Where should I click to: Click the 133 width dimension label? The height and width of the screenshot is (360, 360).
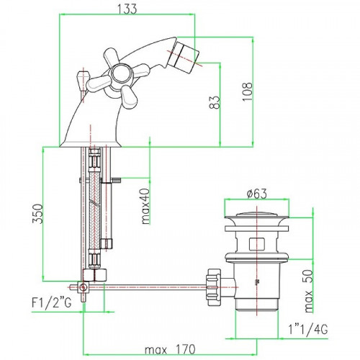point(127,9)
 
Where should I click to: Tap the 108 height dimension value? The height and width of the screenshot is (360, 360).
point(248,91)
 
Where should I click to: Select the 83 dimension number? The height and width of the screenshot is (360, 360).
point(215,102)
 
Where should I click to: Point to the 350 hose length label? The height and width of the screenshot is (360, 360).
point(38,214)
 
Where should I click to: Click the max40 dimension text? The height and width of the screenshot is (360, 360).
point(145,207)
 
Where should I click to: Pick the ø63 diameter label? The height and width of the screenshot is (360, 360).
point(256,194)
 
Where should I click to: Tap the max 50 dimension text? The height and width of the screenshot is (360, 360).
point(309,291)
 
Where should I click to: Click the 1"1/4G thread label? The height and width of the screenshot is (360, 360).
point(308,329)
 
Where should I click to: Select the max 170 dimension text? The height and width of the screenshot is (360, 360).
point(170,349)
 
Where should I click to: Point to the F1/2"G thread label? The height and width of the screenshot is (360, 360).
point(52,302)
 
